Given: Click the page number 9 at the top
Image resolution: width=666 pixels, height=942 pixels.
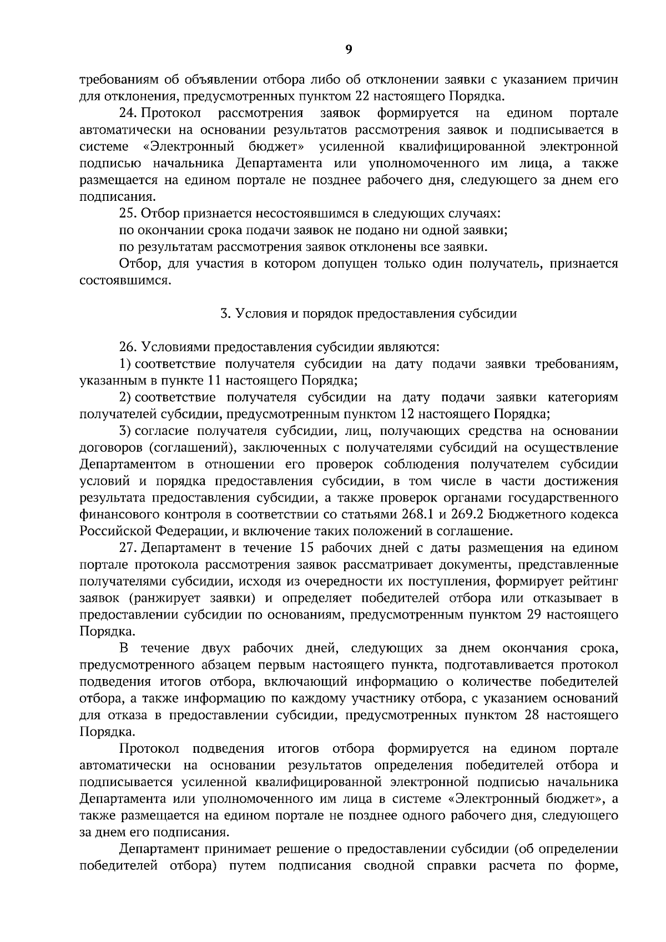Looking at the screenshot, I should coord(349,49).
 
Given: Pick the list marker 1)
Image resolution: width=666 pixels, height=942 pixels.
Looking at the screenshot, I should coord(125,364).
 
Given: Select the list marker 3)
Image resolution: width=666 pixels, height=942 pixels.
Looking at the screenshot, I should coord(125,431).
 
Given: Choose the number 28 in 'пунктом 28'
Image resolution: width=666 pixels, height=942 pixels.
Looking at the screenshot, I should coord(532,715).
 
